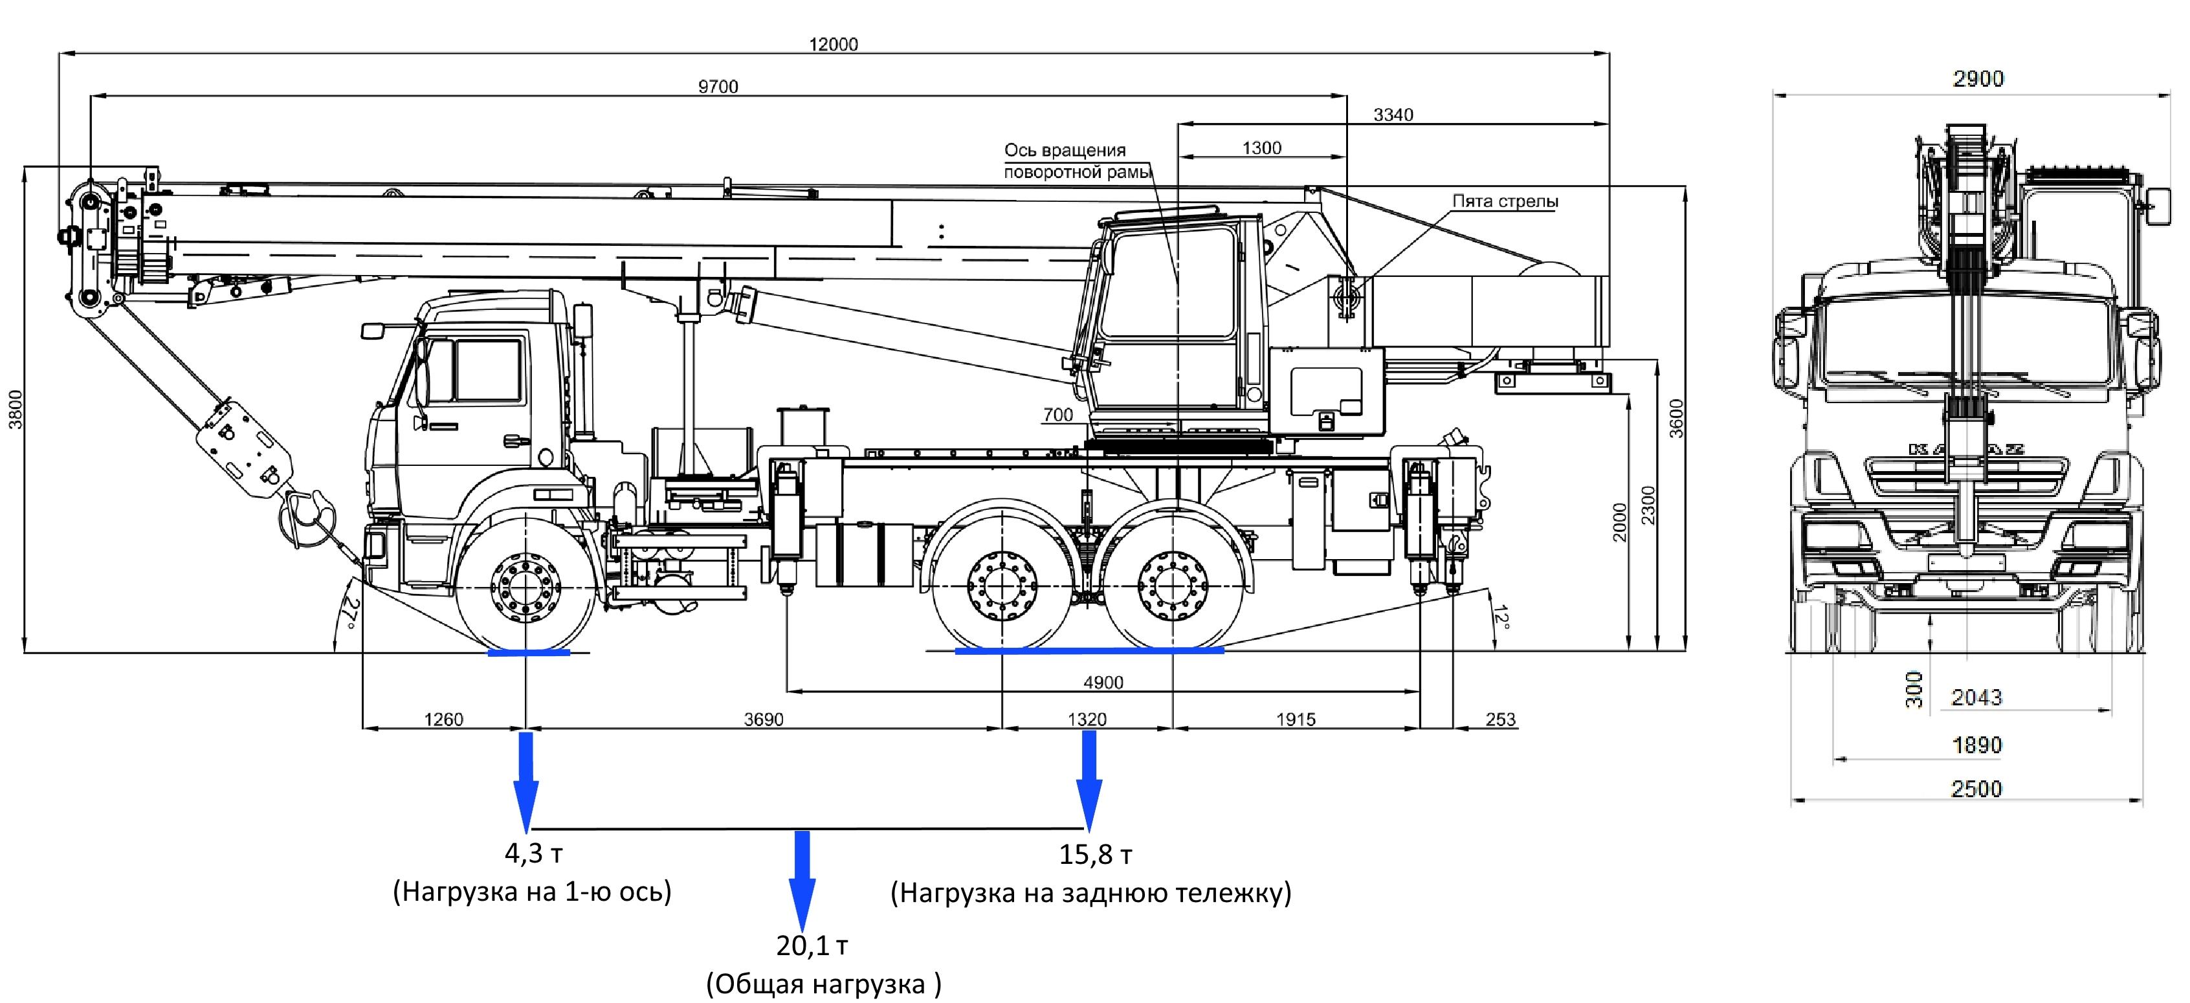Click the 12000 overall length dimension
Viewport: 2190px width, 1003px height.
[x=833, y=44]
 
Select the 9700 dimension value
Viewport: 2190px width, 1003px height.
[x=718, y=87]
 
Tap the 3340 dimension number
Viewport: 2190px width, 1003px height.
[x=1393, y=115]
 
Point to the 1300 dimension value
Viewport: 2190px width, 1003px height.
[x=1261, y=148]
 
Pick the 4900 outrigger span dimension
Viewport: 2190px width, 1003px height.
[x=1103, y=683]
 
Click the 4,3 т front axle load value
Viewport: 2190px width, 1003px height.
[x=534, y=853]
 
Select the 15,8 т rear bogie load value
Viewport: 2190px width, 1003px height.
[x=1095, y=854]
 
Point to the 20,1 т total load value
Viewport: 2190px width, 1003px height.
[x=812, y=945]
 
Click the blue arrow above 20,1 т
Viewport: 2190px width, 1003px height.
[x=801, y=881]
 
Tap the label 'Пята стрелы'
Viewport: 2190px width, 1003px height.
[x=1505, y=201]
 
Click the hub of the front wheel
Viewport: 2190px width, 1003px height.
[x=526, y=586]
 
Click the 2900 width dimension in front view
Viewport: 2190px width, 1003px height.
[x=1978, y=79]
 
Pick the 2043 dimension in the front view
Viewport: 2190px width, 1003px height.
[x=1976, y=698]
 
